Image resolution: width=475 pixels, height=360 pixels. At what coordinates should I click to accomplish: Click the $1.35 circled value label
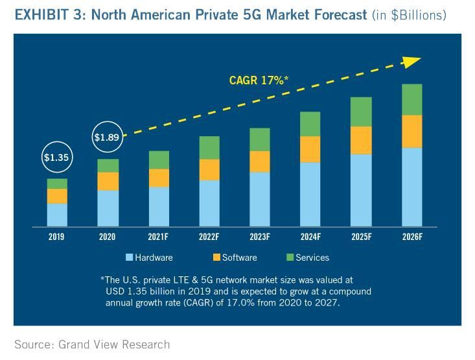click(56, 157)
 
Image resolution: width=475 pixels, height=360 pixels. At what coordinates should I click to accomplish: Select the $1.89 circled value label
click(107, 137)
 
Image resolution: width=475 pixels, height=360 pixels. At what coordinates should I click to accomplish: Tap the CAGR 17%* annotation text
click(259, 80)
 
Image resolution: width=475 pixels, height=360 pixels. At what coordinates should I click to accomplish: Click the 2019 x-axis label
click(56, 237)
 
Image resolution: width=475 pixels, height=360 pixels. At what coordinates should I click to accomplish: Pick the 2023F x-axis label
click(260, 237)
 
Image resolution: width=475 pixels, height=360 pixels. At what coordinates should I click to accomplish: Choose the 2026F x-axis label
click(411, 237)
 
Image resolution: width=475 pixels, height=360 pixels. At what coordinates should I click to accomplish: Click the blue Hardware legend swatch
click(130, 258)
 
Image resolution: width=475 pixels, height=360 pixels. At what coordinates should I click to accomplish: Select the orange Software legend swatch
click(216, 258)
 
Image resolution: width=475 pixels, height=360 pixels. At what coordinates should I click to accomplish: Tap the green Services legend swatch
click(290, 258)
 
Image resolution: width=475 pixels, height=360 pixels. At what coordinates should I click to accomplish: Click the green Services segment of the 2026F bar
click(411, 99)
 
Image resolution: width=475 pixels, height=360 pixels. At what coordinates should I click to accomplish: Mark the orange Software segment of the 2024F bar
click(310, 149)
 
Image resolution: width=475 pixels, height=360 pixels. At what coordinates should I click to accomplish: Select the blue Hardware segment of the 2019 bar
click(57, 215)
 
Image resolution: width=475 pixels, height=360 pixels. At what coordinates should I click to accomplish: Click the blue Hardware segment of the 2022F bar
click(209, 203)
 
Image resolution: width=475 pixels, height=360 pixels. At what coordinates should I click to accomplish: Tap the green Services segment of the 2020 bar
click(108, 165)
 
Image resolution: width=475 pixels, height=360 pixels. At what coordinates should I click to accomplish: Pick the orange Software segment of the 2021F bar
click(158, 178)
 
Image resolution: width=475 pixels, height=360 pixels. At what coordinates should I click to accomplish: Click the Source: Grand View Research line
click(92, 344)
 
